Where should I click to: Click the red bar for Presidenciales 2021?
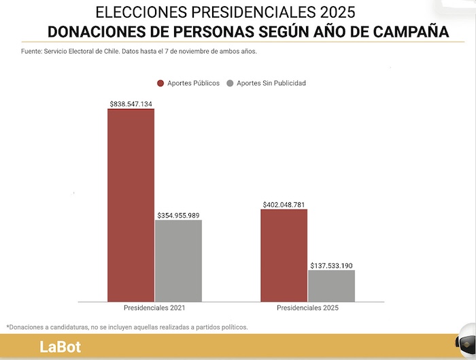point(131,205)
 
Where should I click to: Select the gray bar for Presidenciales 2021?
point(178,261)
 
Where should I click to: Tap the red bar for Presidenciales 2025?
point(284,255)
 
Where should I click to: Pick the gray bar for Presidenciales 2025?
point(332,286)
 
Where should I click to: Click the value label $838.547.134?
point(131,104)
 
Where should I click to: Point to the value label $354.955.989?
point(178,215)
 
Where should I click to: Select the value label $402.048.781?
point(284,204)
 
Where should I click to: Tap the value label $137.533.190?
point(332,265)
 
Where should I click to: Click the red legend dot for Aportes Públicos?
point(160,83)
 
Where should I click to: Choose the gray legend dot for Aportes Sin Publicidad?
point(230,83)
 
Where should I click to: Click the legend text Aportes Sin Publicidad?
point(271,83)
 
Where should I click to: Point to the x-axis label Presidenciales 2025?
point(307,308)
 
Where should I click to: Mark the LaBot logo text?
point(60,347)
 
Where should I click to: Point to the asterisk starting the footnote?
point(7,327)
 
